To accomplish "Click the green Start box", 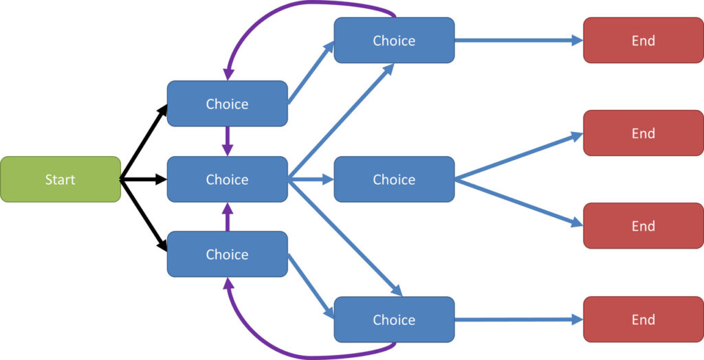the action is tap(60, 179).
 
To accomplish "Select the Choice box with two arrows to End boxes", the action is tap(394, 179).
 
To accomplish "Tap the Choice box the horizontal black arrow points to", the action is tap(227, 179).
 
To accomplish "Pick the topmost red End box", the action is tap(643, 41).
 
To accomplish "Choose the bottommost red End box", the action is tap(643, 319).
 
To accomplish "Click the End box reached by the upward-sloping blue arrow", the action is tap(643, 133).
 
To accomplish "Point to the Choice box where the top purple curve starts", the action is tap(394, 41).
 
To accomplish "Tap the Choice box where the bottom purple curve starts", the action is tap(394, 319).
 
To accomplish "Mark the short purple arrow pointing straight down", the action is tap(228, 141).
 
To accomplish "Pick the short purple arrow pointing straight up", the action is tap(228, 217).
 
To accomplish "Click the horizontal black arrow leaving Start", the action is tap(144, 179).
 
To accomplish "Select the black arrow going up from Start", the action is tap(144, 142).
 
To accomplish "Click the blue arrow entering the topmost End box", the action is tap(519, 41).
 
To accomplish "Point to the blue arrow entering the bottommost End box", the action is tap(519, 319).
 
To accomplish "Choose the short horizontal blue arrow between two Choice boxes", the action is tap(311, 179).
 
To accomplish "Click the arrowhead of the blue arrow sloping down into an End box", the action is tap(577, 222).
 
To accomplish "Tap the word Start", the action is tap(60, 179).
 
